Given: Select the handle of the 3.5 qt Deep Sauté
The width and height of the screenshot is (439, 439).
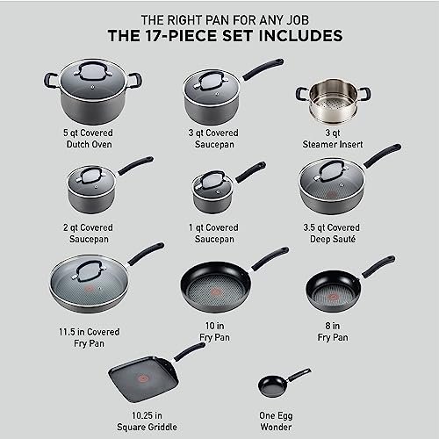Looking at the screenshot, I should (382, 156).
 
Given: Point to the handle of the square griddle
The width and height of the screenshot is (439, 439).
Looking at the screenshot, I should (190, 350).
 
